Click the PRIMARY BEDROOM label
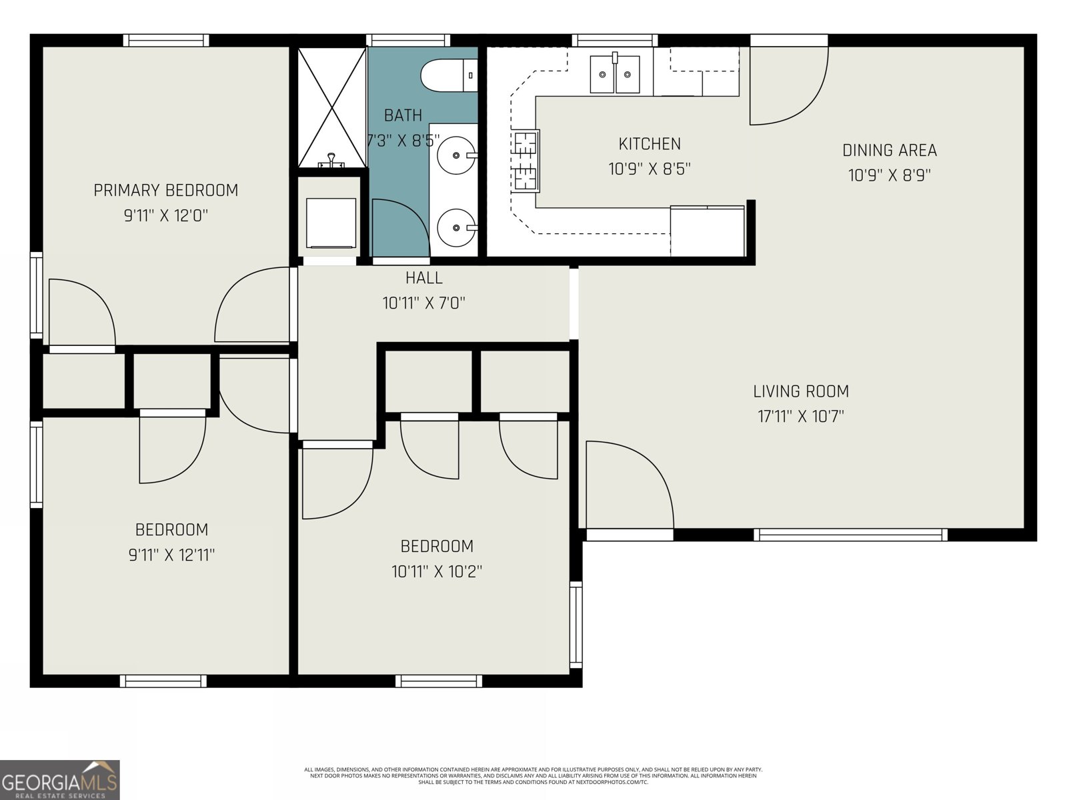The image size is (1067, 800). [x=165, y=191]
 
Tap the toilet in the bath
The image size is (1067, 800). [x=448, y=75]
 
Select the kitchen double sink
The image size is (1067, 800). [x=614, y=74]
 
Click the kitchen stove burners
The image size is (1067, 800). [x=525, y=161]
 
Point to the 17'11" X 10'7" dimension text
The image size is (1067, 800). [x=800, y=417]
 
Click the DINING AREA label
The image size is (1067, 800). [x=889, y=151]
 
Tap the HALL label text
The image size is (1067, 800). [x=423, y=277]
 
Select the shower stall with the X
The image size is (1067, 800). [x=331, y=107]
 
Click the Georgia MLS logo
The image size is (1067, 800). [x=59, y=780]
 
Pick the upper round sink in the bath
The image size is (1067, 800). [x=456, y=155]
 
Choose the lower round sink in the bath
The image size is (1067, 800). [x=456, y=227]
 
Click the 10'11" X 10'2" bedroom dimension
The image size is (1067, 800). [x=437, y=571]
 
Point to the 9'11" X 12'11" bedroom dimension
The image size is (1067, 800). [x=171, y=555]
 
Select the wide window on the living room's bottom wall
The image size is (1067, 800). [x=850, y=534]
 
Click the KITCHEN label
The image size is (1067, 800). [x=650, y=144]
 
